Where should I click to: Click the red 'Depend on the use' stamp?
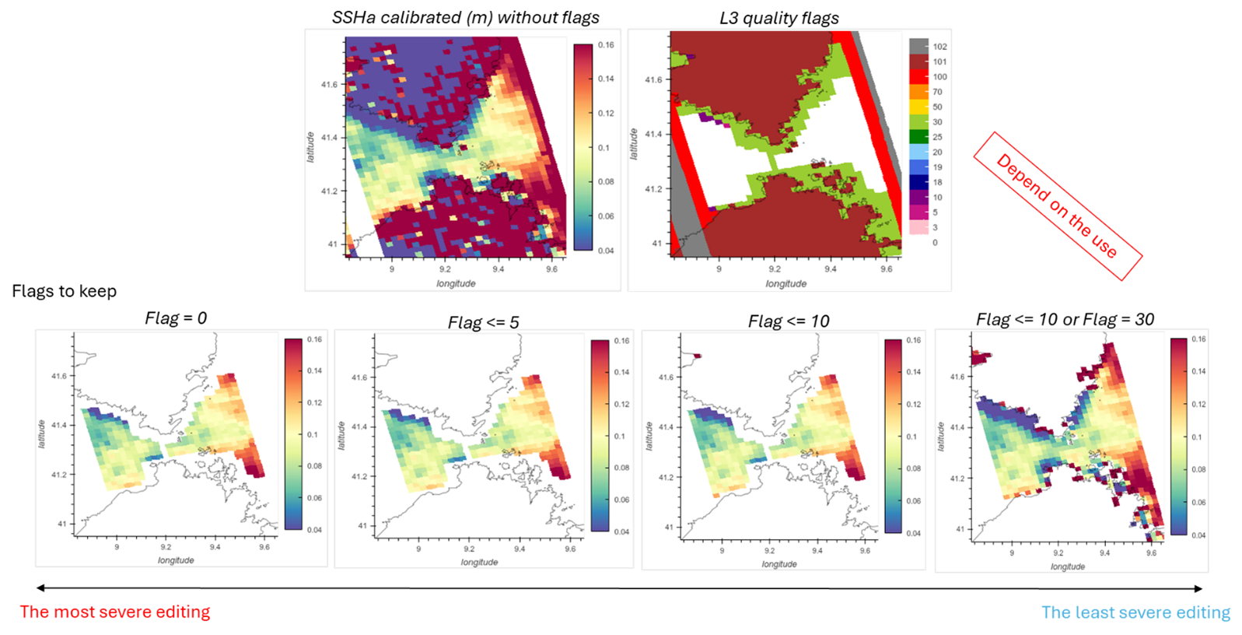click(1057, 206)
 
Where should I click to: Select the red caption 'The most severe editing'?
click(115, 612)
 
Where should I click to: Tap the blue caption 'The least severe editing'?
click(1135, 613)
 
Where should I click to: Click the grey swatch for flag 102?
click(918, 47)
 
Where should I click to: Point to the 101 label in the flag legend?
click(939, 62)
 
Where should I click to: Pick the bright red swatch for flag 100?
click(918, 77)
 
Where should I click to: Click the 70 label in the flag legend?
click(937, 92)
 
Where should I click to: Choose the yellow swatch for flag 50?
click(918, 107)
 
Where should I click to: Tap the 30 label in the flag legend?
click(937, 122)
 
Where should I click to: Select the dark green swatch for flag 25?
click(918, 137)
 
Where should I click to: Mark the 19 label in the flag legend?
click(937, 167)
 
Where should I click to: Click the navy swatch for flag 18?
click(918, 182)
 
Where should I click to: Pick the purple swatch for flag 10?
click(918, 198)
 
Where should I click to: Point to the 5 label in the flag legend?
click(935, 212)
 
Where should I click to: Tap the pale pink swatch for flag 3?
click(918, 227)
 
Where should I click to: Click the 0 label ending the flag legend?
click(935, 243)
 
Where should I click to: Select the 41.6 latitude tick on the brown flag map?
click(653, 79)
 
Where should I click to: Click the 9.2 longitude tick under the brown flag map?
click(775, 269)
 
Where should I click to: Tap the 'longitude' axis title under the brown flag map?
click(785, 284)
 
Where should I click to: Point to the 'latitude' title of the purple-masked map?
click(311, 147)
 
